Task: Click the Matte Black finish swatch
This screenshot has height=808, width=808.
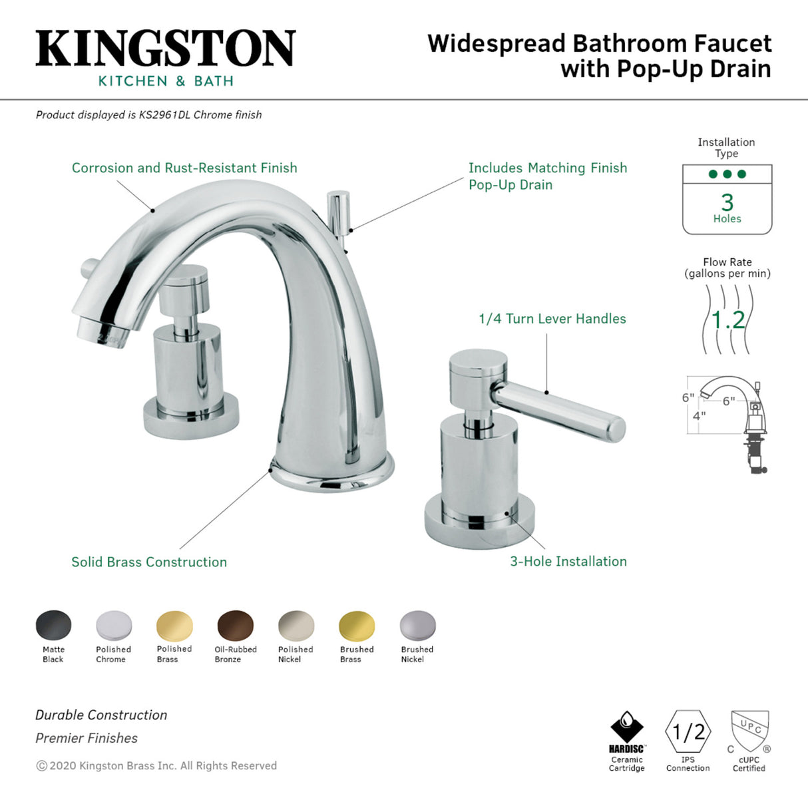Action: click(x=53, y=626)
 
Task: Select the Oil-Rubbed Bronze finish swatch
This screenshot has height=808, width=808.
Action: click(x=236, y=626)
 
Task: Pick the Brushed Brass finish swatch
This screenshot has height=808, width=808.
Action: click(x=357, y=626)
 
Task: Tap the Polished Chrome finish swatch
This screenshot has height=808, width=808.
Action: click(x=114, y=626)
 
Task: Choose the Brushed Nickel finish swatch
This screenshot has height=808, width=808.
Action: click(x=417, y=626)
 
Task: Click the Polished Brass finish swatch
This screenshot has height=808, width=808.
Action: click(x=174, y=626)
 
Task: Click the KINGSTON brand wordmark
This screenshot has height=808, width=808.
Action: click(x=165, y=48)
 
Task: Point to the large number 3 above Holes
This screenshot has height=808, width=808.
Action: click(x=727, y=202)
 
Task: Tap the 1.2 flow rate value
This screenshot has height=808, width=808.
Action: click(x=728, y=320)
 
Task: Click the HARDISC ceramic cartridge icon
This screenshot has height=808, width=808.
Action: click(x=626, y=728)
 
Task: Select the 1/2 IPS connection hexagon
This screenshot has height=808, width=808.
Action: click(x=688, y=732)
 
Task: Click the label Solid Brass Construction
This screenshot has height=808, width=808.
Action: click(x=149, y=562)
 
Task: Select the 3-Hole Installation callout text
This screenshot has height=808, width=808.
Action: click(x=568, y=561)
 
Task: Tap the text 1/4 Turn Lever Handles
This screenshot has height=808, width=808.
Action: click(x=552, y=319)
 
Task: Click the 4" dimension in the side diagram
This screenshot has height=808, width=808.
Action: click(x=699, y=416)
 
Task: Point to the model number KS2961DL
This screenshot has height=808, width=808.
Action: click(x=164, y=114)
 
